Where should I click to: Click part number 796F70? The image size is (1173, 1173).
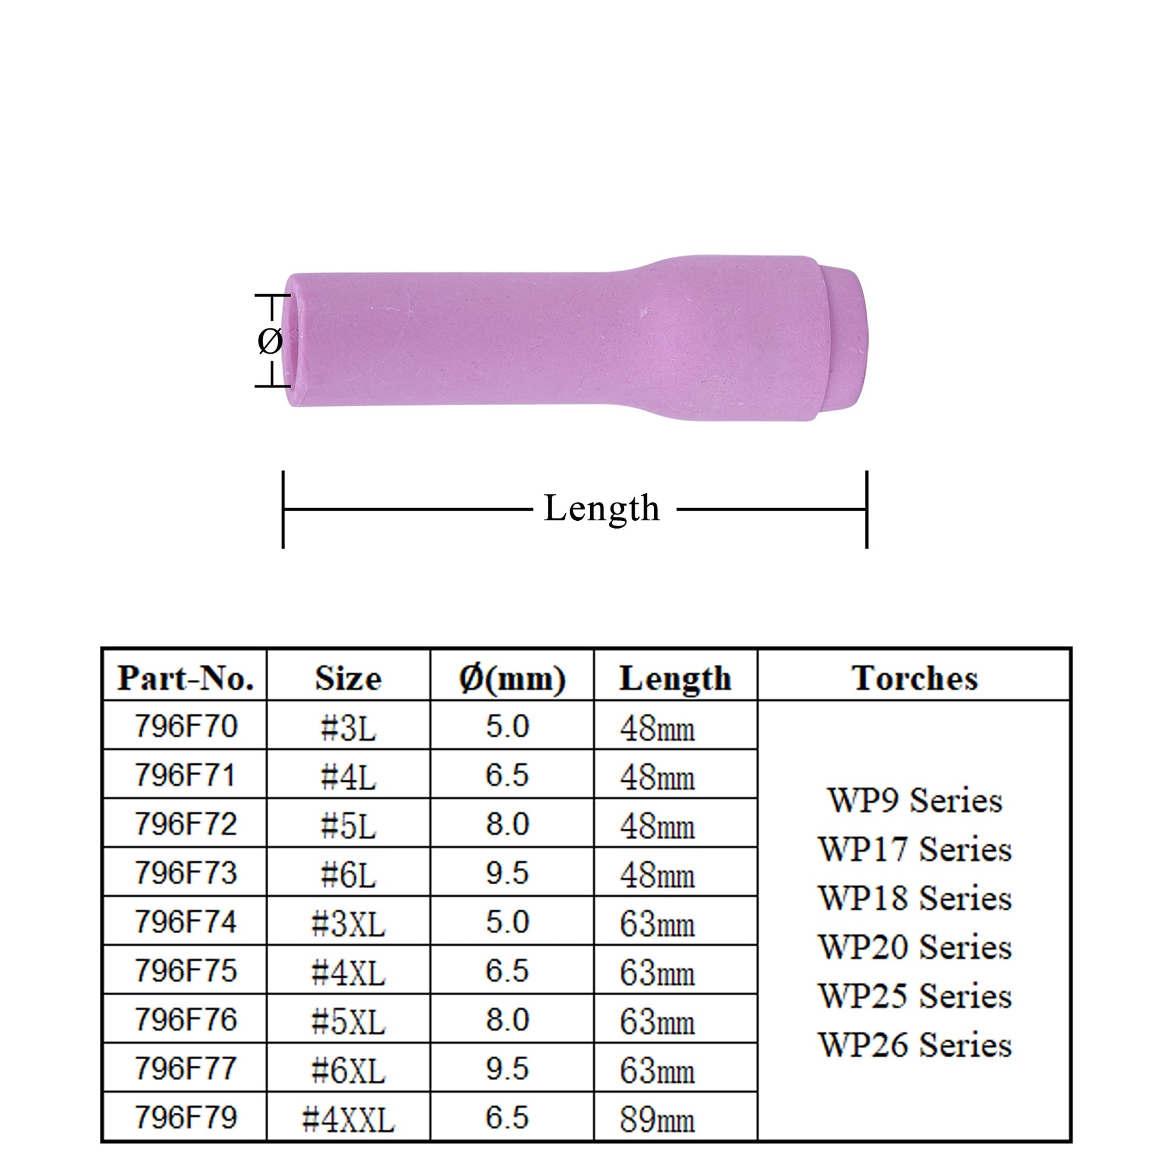coord(185,726)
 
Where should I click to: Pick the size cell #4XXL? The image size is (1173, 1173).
coord(348,1118)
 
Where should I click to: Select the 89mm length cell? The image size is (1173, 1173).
coord(657,1119)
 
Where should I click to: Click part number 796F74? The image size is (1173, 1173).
coord(185,922)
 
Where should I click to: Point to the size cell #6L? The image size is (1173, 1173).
coord(348,874)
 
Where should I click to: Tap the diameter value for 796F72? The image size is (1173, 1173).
coord(508,824)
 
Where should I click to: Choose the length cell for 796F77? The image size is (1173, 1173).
coord(657,1071)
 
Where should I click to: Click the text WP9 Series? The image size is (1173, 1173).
coord(914,800)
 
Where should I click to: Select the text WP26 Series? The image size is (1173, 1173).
coord(914,1045)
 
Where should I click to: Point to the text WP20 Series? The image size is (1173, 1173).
coord(914,947)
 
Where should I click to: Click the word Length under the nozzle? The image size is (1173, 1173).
coord(601,508)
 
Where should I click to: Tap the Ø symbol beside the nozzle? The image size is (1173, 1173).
coord(269,341)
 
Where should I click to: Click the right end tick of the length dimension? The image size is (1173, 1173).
coord(866,509)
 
